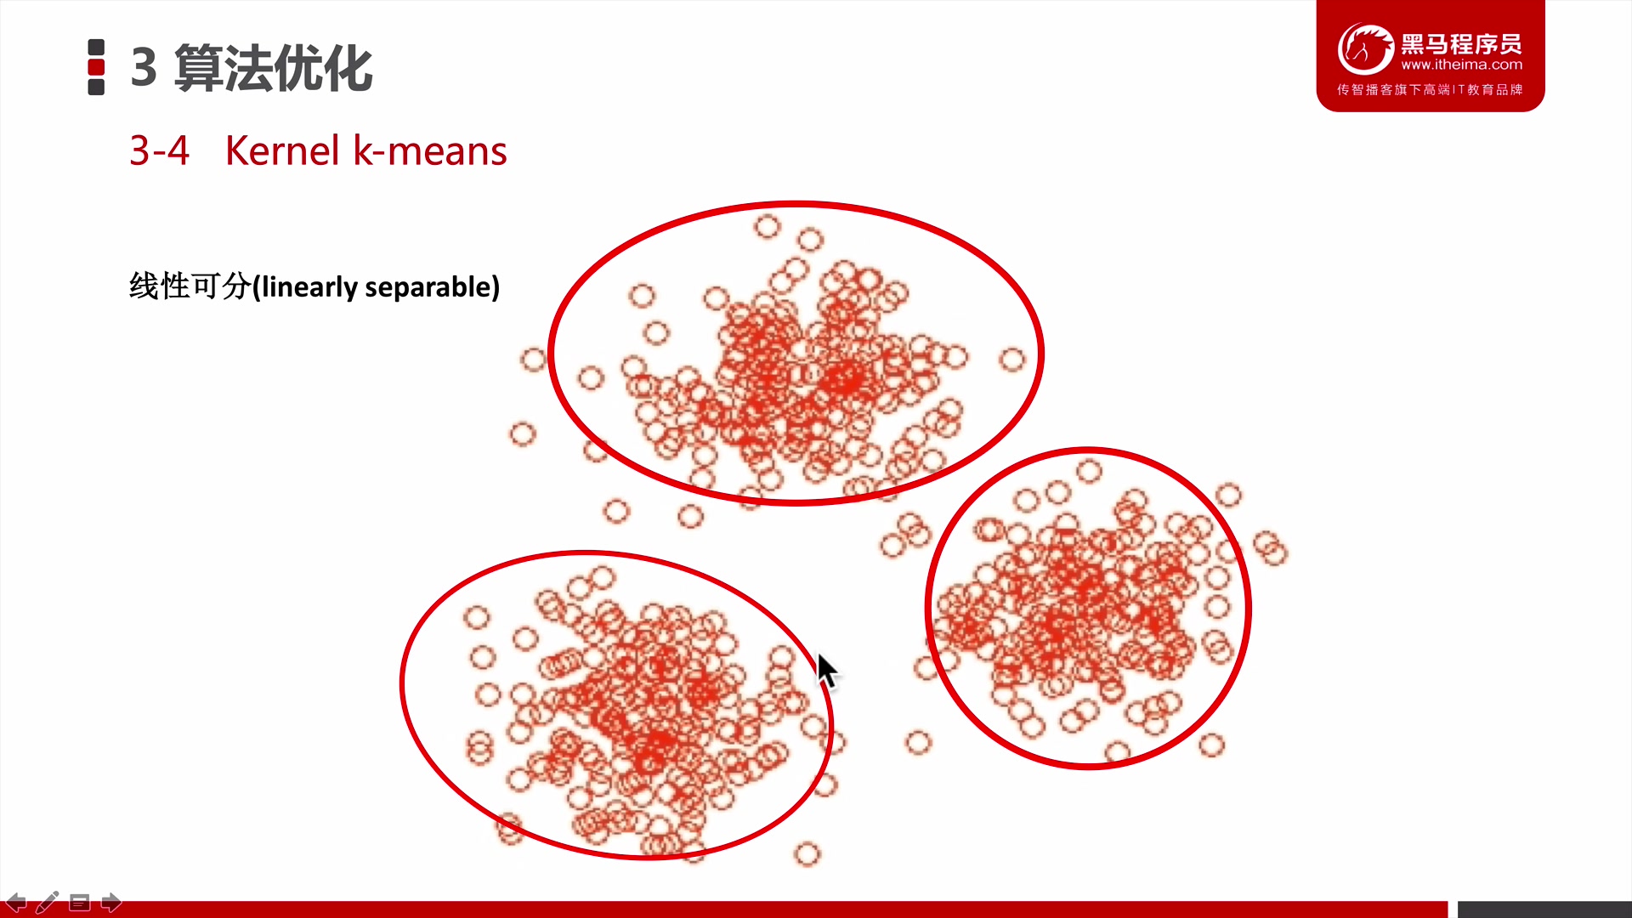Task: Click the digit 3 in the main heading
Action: [144, 67]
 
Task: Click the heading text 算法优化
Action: [273, 67]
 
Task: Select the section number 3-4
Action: [159, 151]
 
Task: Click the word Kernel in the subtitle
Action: [282, 150]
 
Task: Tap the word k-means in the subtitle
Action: [430, 150]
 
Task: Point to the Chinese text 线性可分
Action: [190, 286]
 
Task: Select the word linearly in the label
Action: [309, 287]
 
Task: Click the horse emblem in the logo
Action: [1365, 48]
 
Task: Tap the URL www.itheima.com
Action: [1461, 65]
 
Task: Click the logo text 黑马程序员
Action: [1461, 43]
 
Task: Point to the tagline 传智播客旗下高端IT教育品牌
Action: [1430, 89]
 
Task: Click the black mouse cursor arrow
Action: [826, 671]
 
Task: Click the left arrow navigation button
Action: [16, 902]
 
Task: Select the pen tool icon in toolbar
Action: [48, 902]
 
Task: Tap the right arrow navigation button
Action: [111, 902]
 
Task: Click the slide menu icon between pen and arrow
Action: [79, 902]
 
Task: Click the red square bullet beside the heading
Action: [96, 67]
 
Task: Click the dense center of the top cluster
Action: [795, 374]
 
